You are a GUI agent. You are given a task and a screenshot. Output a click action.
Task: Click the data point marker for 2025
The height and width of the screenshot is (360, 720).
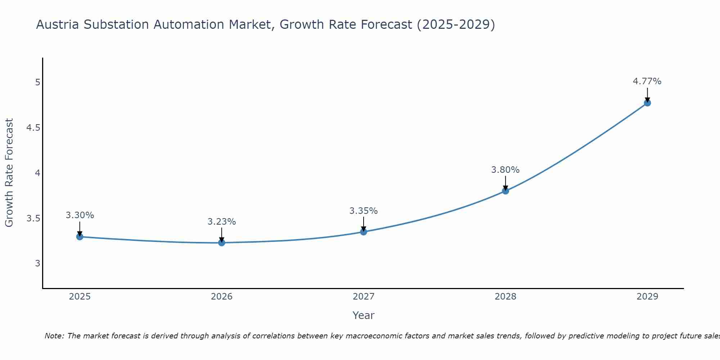click(x=80, y=237)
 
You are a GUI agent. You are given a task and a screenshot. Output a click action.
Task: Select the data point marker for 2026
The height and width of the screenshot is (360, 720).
click(x=222, y=243)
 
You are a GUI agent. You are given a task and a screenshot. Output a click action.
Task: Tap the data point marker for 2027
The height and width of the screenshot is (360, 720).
click(x=364, y=232)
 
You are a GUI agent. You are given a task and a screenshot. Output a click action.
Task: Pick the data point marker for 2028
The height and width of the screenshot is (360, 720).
click(x=505, y=191)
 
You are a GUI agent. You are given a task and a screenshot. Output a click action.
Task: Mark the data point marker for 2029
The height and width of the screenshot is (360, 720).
click(x=647, y=103)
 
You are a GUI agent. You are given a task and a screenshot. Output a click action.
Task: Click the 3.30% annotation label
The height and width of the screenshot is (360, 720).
click(x=80, y=215)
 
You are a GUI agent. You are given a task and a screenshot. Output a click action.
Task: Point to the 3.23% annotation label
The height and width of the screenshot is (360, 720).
click(x=222, y=222)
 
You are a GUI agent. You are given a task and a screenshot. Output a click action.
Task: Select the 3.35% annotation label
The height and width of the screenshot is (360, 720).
click(x=364, y=211)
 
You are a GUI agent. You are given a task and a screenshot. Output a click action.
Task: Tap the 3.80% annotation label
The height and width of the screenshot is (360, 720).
click(x=505, y=170)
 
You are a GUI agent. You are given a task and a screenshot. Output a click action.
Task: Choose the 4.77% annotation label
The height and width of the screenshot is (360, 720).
click(x=647, y=81)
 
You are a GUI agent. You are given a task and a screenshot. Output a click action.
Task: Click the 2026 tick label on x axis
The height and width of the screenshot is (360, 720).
click(x=222, y=297)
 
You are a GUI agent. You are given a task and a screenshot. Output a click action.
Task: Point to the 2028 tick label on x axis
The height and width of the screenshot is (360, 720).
click(x=505, y=297)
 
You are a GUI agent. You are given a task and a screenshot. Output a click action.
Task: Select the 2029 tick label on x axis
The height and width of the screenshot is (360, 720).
click(x=647, y=297)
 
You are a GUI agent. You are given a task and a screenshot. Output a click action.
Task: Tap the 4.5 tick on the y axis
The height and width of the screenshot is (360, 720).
click(x=33, y=128)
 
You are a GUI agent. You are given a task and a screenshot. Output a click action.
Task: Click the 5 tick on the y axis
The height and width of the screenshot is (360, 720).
click(x=37, y=82)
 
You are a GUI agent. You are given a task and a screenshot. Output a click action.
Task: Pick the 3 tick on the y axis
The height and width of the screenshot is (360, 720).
click(x=37, y=264)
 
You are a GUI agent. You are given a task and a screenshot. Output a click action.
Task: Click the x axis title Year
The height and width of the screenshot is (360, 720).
click(x=364, y=315)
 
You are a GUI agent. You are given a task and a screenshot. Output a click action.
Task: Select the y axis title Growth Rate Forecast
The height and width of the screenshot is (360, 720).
click(x=9, y=173)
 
